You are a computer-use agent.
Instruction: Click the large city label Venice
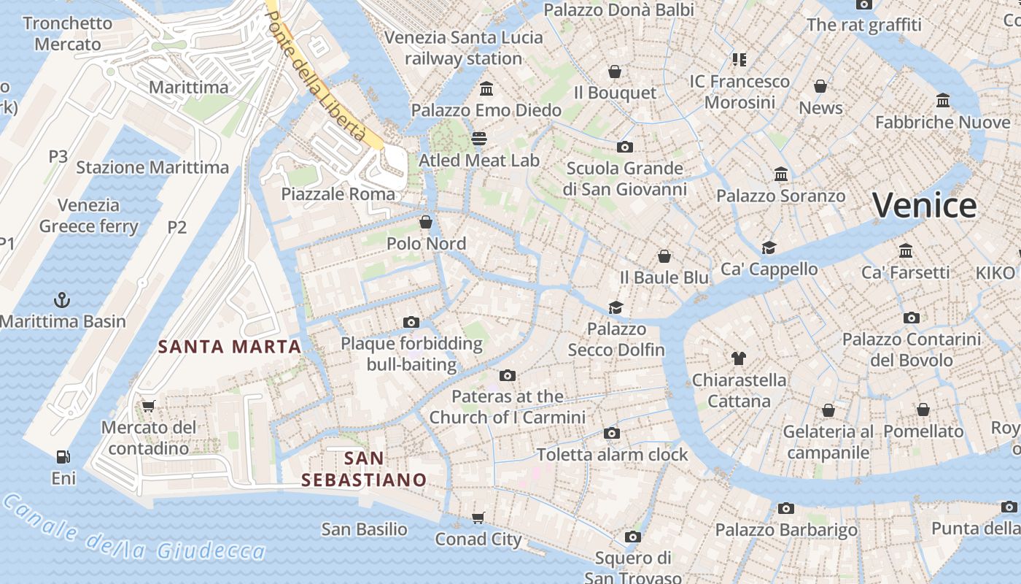pos(924,205)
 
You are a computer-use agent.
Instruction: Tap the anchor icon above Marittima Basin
pos(62,299)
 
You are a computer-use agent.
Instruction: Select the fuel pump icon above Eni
pos(63,458)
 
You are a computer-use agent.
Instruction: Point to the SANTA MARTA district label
pos(230,347)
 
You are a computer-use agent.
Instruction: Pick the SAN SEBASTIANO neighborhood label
pos(364,469)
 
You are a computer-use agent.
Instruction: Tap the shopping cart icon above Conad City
pos(478,518)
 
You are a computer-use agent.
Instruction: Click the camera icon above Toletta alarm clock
pos(613,434)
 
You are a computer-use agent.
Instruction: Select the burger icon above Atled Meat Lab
pos(479,138)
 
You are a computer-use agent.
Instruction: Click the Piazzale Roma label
pos(338,194)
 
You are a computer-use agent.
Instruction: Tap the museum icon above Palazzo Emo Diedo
pos(486,89)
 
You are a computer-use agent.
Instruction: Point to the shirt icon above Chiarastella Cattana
pos(739,358)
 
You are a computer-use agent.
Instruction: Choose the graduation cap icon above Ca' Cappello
pos(769,247)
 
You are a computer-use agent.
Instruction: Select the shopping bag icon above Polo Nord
pos(426,222)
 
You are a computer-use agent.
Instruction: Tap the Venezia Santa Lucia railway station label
pos(464,47)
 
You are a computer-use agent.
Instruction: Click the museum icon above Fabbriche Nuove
pos(943,100)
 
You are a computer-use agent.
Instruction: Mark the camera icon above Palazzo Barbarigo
pos(785,508)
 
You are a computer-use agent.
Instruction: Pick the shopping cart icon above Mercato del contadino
pos(149,406)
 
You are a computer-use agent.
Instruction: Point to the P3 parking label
pos(58,156)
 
